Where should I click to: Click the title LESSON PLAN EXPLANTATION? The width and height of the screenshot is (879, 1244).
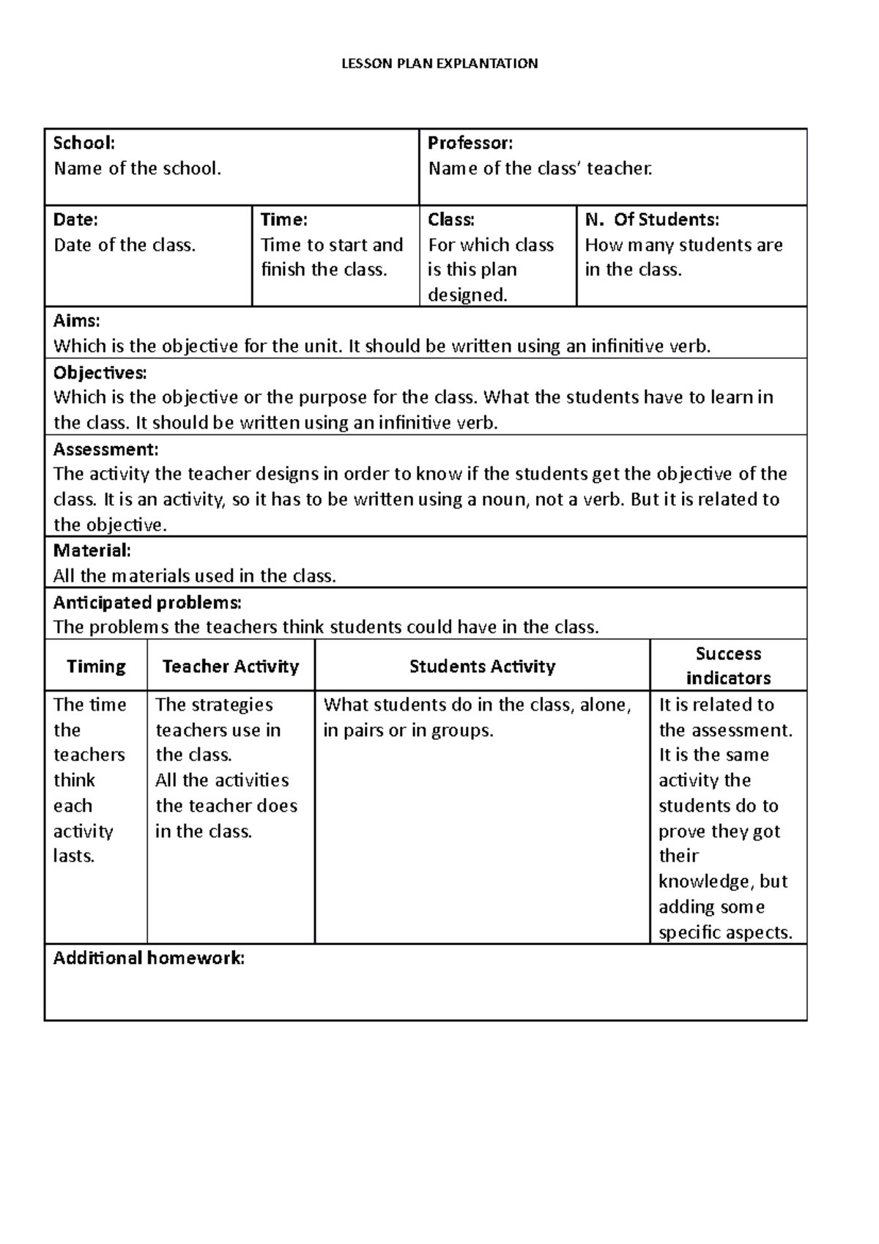439,64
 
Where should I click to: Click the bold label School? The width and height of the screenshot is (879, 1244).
84,143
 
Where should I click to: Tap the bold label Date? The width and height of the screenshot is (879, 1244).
75,219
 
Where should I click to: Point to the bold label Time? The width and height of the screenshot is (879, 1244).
284,219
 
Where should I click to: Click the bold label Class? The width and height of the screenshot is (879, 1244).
451,219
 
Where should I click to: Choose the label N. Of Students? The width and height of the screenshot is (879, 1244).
652,219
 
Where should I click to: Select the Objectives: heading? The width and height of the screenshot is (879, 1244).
100,372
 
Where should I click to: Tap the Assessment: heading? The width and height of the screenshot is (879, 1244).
105,448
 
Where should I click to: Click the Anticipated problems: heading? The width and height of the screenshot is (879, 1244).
147,602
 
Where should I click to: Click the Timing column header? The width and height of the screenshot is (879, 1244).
96,666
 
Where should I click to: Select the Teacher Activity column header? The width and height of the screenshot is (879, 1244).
231,666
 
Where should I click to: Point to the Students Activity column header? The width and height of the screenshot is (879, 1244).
482,666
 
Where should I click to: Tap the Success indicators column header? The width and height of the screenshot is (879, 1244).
728,665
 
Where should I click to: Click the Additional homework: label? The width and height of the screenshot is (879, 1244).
149,958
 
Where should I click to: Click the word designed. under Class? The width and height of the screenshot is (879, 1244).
467,295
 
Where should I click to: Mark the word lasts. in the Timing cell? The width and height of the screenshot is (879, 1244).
74,856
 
